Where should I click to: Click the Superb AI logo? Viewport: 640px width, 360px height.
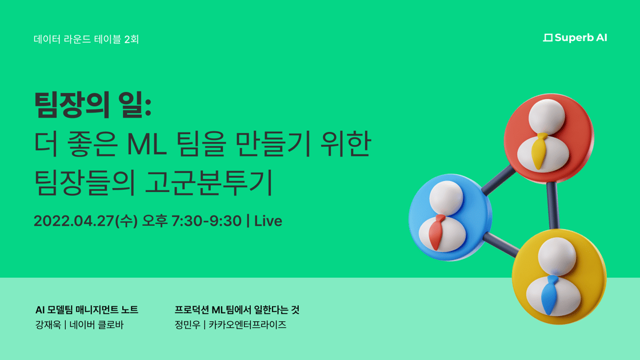(x=575, y=38)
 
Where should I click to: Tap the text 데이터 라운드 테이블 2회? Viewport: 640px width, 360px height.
(x=86, y=39)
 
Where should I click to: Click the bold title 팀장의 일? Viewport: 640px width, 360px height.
(x=93, y=105)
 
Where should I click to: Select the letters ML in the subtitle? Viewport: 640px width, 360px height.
(x=147, y=144)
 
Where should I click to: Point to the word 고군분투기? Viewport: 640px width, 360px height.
(x=209, y=182)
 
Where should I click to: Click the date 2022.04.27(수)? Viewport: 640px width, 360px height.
(x=85, y=221)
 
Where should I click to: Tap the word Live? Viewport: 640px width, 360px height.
(x=268, y=221)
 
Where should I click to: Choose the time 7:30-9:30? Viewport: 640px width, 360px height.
(x=206, y=221)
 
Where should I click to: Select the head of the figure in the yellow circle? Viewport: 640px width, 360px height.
(x=557, y=257)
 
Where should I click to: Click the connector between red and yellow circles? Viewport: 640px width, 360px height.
(x=553, y=205)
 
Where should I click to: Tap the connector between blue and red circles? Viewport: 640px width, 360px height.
(x=498, y=179)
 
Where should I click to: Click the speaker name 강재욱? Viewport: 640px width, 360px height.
(x=48, y=325)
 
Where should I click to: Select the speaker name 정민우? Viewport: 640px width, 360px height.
(x=187, y=325)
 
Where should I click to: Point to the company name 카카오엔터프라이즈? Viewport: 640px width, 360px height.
(x=247, y=325)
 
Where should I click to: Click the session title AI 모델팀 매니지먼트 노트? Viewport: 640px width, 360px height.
(x=87, y=310)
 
